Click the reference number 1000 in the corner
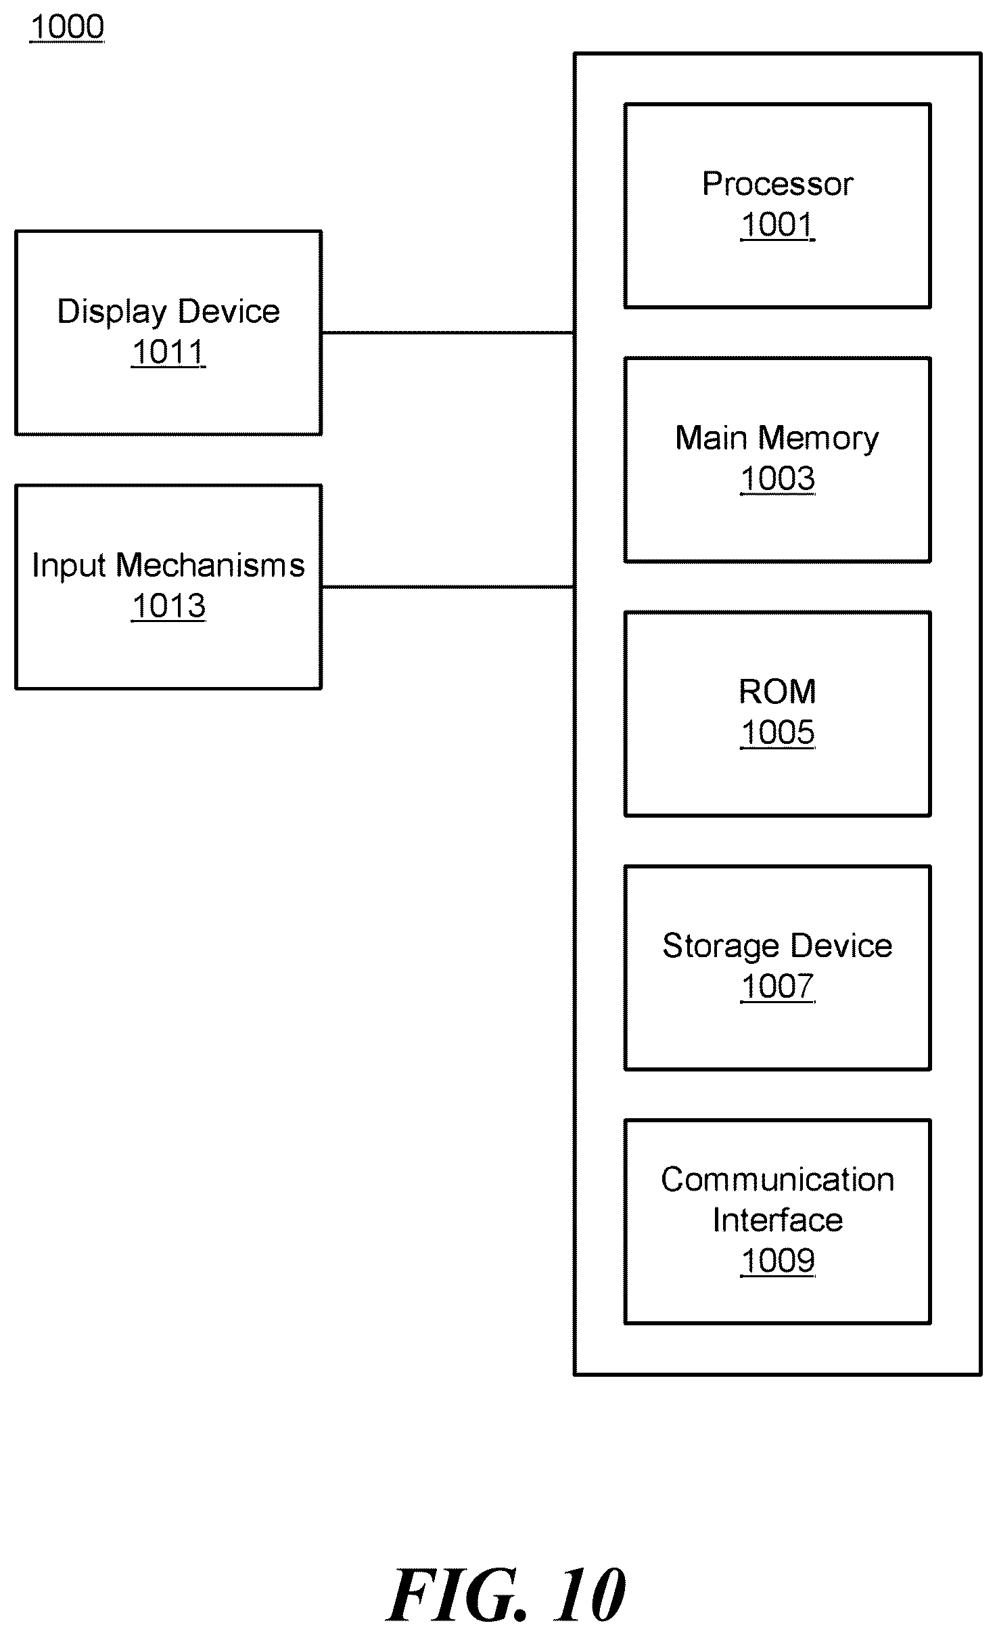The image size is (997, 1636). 67,27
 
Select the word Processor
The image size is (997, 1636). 778,184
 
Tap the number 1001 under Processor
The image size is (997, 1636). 778,225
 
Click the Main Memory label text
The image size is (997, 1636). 777,439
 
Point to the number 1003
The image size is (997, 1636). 778,479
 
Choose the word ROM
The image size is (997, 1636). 778,692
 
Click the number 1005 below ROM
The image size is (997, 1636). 778,732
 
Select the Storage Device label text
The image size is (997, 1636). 778,946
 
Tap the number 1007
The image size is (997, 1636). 778,986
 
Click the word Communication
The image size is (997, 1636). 778,1180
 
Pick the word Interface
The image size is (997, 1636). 778,1220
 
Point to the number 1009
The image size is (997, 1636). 778,1261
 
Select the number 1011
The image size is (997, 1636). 168,352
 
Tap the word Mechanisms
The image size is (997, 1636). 210,565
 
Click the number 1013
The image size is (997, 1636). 168,606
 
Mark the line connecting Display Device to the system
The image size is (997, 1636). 448,333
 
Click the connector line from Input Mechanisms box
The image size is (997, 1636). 448,587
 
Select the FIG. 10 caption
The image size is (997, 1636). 507,1595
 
